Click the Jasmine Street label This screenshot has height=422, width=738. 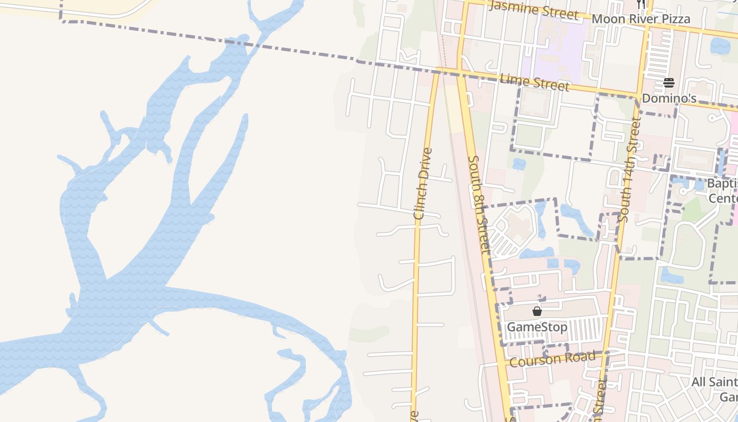pos(533,9)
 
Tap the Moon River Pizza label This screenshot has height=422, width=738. pos(640,20)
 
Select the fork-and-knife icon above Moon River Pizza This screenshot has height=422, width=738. pos(641,4)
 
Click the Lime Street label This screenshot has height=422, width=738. pos(535,82)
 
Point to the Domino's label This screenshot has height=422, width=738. pos(669,99)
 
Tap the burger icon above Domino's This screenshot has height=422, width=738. pos(669,82)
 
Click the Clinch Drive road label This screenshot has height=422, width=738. pos(423,183)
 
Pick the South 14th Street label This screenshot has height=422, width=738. pos(629,170)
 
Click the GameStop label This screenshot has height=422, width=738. pos(537,327)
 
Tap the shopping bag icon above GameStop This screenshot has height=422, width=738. pos(537,311)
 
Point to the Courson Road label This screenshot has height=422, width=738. pos(552,359)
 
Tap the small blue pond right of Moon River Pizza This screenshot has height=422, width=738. pos(720,46)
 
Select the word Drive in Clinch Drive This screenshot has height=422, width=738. pos(425,164)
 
